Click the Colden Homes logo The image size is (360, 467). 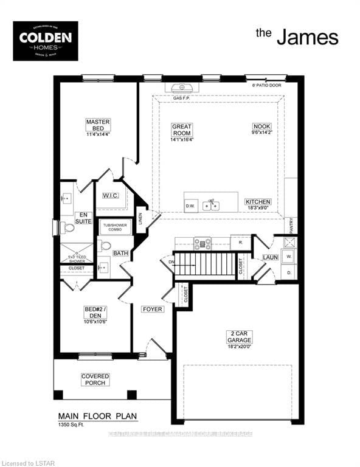click(46, 41)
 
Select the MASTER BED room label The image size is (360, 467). click(97, 125)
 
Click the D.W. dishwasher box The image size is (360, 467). click(190, 206)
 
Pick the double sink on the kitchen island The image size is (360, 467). click(211, 205)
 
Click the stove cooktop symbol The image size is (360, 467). click(202, 243)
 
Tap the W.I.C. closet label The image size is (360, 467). click(110, 196)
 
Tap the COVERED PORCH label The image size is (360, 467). click(95, 379)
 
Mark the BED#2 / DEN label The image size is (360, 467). click(95, 313)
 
